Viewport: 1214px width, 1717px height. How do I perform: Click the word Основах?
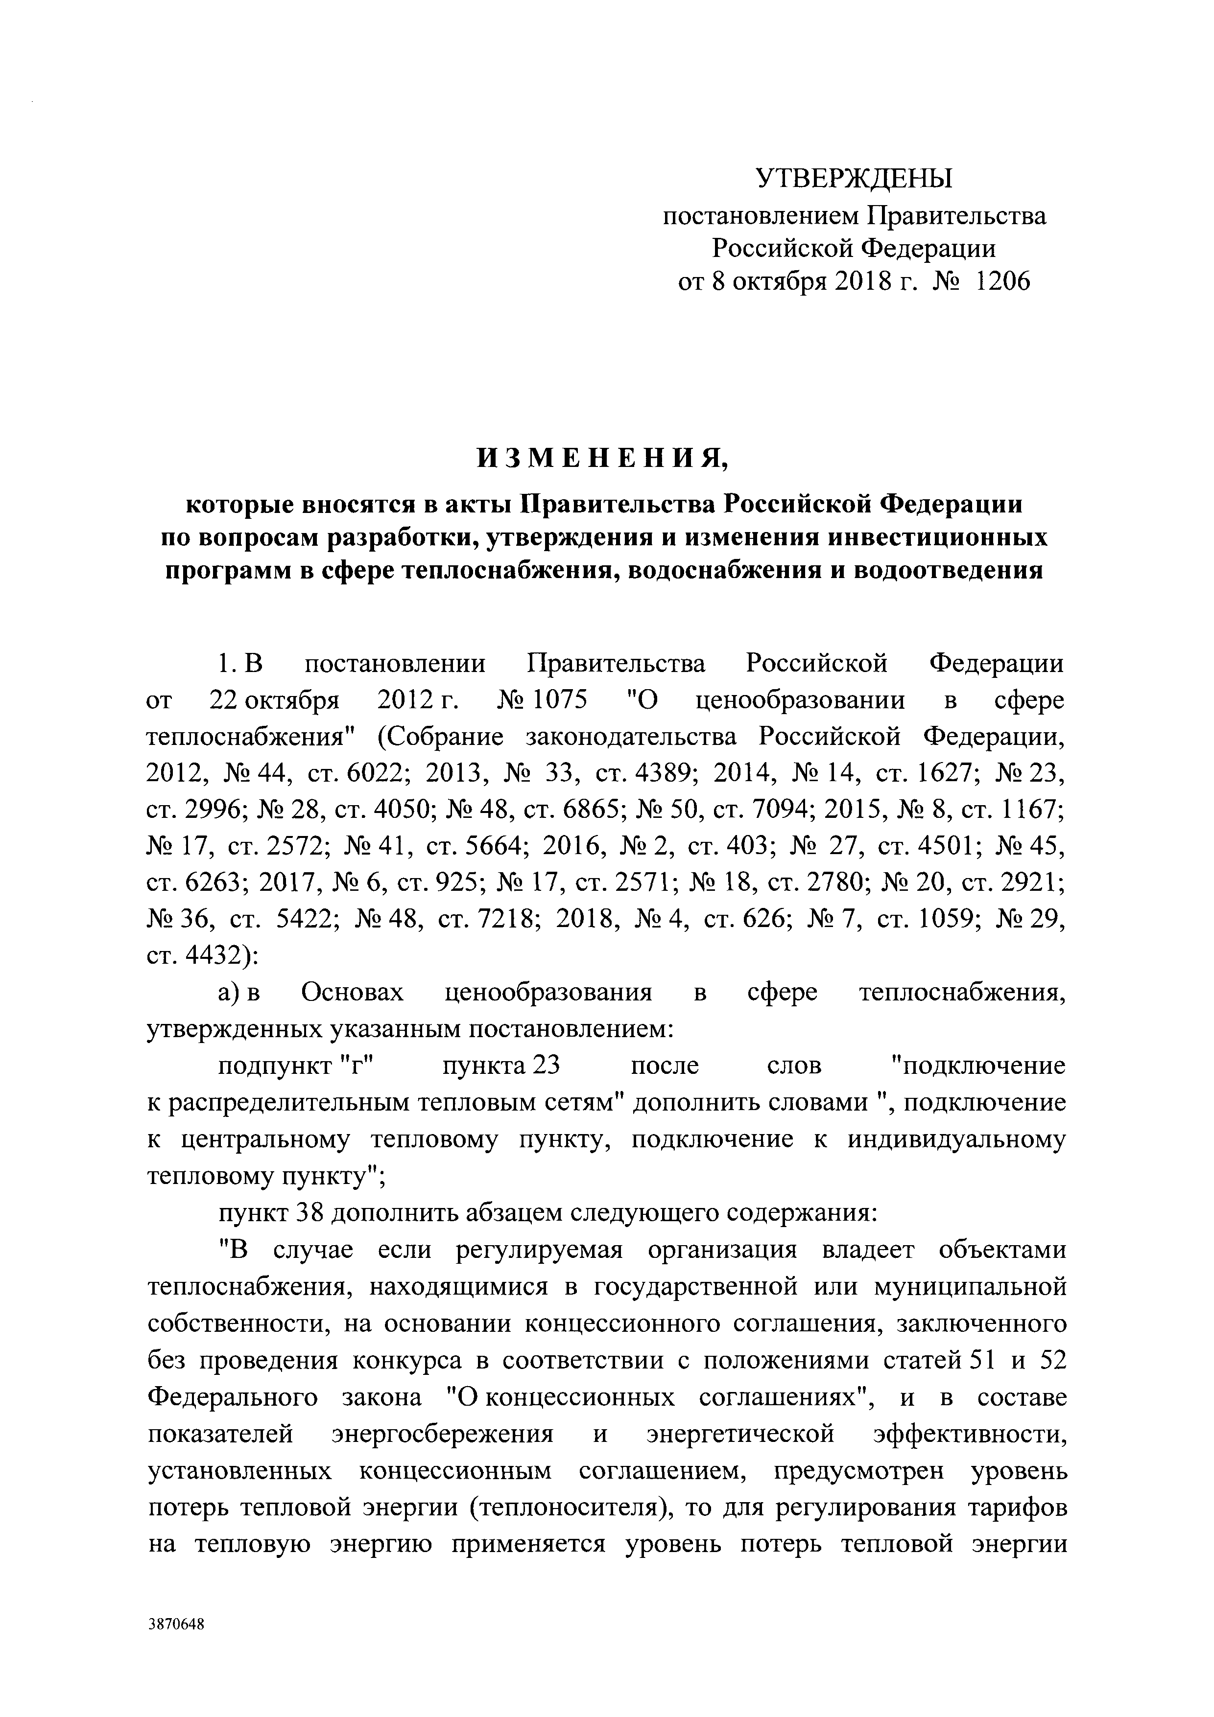pos(352,993)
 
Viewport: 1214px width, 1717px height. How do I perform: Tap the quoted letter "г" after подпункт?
pos(362,1066)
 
